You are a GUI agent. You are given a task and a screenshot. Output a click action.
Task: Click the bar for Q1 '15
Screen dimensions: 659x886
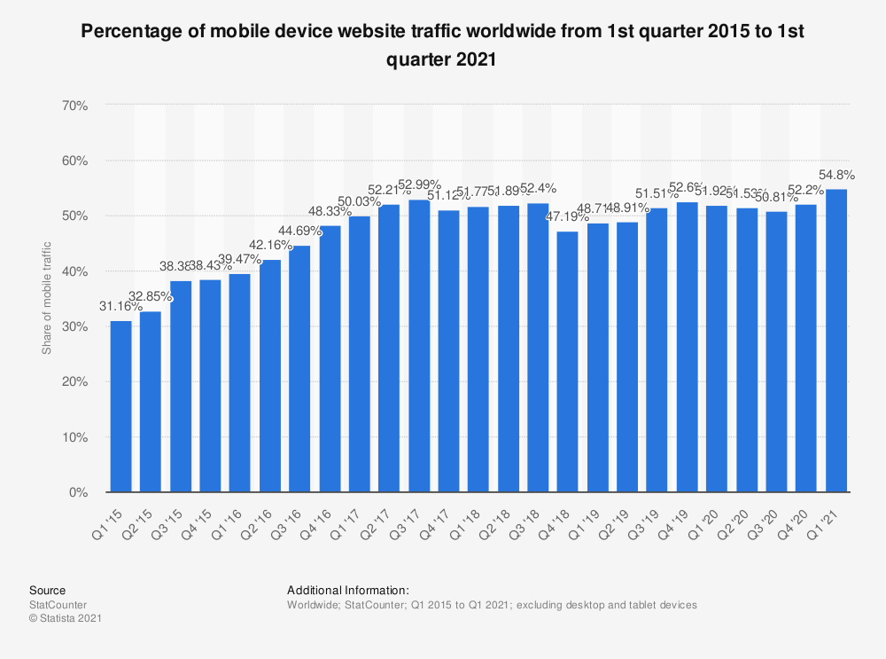tap(120, 406)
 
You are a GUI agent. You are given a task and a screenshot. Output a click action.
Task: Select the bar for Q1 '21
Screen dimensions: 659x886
tap(836, 341)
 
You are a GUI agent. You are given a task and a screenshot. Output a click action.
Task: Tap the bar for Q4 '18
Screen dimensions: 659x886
tap(568, 362)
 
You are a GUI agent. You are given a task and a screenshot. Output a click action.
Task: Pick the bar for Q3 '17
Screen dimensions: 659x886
tap(419, 346)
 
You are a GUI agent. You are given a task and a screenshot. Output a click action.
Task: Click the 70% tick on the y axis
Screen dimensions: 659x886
tap(75, 106)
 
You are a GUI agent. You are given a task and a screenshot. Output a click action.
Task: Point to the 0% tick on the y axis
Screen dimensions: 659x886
tap(79, 492)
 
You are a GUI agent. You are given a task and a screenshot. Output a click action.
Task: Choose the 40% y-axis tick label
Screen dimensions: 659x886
tap(75, 271)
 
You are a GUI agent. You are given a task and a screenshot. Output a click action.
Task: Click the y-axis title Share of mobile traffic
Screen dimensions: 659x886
tap(47, 298)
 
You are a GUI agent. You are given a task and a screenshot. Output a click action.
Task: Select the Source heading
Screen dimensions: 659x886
tap(47, 590)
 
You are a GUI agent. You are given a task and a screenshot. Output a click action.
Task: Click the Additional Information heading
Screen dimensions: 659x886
tap(347, 590)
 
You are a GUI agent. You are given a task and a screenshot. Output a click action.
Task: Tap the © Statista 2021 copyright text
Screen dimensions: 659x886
tap(66, 619)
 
